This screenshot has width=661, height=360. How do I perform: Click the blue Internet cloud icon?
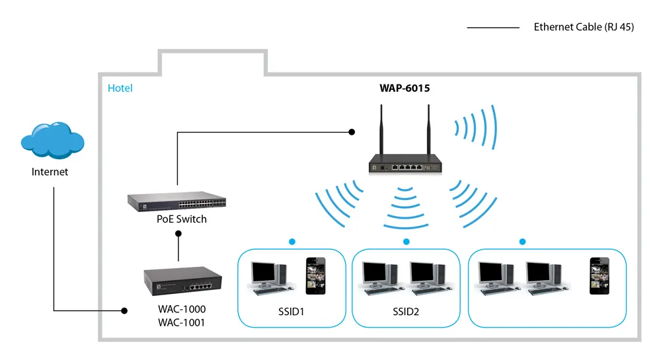pyautogui.click(x=53, y=140)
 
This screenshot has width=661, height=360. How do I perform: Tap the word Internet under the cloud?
pyautogui.click(x=50, y=172)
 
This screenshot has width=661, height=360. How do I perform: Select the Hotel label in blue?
pyautogui.click(x=120, y=88)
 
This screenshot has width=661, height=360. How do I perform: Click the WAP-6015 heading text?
pyautogui.click(x=405, y=88)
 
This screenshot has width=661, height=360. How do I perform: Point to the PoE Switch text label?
pyautogui.click(x=182, y=219)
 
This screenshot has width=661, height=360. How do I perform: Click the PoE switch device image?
pyautogui.click(x=176, y=201)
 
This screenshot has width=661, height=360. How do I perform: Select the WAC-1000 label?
pyautogui.click(x=182, y=309)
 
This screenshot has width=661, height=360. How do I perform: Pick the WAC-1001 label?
pyautogui.click(x=182, y=322)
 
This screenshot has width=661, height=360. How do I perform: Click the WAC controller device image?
pyautogui.click(x=182, y=281)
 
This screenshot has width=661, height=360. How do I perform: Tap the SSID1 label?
pyautogui.click(x=292, y=312)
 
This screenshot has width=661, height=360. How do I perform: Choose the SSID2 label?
pyautogui.click(x=406, y=312)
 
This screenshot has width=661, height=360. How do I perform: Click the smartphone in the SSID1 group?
pyautogui.click(x=316, y=276)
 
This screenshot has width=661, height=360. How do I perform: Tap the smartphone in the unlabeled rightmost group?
pyautogui.click(x=600, y=276)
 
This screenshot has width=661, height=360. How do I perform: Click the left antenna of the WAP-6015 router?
pyautogui.click(x=381, y=129)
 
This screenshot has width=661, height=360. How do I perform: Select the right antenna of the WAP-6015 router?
pyautogui.click(x=429, y=129)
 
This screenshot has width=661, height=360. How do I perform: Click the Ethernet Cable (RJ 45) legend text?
pyautogui.click(x=584, y=27)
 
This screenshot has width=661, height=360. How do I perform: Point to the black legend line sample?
pyautogui.click(x=493, y=28)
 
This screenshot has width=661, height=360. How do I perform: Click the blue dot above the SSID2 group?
pyautogui.click(x=407, y=242)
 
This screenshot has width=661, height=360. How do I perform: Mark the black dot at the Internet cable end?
pyautogui.click(x=124, y=310)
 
